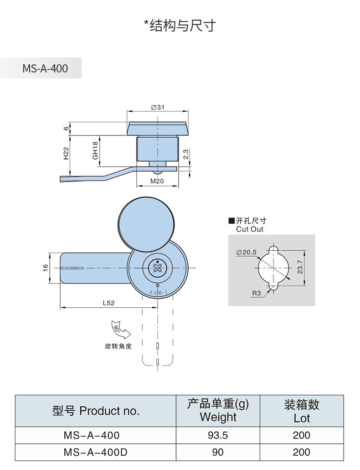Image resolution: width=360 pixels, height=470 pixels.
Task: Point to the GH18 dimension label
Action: [x=95, y=150]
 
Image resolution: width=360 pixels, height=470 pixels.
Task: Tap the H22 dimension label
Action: [x=66, y=153]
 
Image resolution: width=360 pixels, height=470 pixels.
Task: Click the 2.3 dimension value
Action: [x=186, y=155]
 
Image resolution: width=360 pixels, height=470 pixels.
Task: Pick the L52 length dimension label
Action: [x=108, y=302]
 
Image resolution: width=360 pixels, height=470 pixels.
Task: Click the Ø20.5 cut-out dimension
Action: [x=247, y=252]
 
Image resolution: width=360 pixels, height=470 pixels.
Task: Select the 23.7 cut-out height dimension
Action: [x=299, y=266]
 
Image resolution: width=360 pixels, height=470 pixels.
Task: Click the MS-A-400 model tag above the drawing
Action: [x=45, y=68]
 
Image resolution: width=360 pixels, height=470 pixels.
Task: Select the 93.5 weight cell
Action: [x=217, y=435]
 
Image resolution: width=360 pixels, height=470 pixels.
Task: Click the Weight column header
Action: [x=218, y=410]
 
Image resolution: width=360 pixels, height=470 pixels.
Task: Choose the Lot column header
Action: [x=302, y=410]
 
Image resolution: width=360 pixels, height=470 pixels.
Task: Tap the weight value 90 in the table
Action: [x=217, y=452]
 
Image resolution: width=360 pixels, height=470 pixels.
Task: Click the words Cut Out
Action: [x=250, y=229]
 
